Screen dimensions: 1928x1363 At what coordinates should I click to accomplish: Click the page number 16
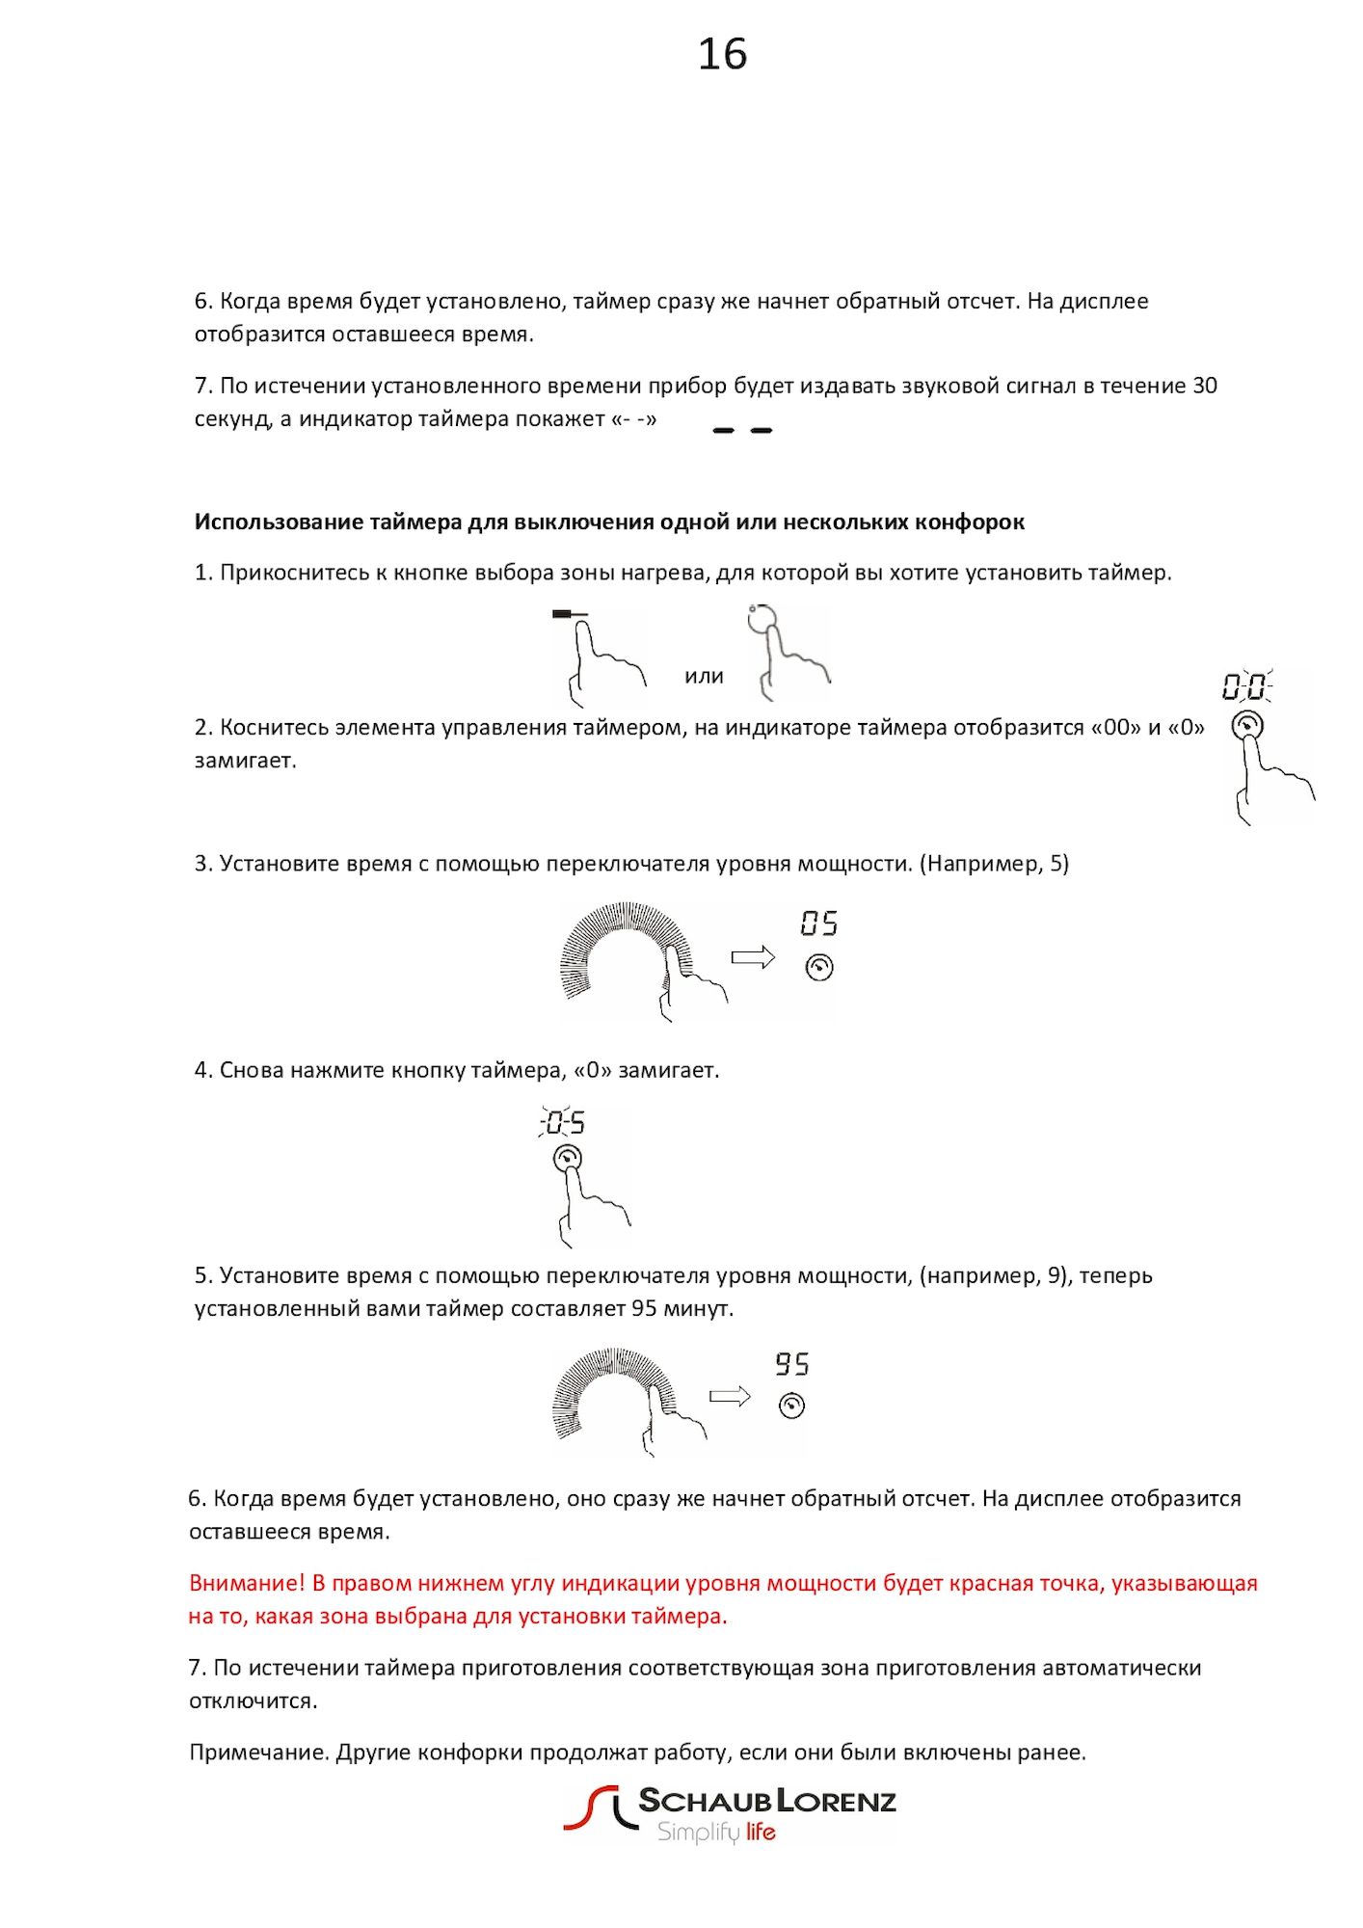(722, 54)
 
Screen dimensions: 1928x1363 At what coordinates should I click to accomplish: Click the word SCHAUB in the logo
(705, 1800)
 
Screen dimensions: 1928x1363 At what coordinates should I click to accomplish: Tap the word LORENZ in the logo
(837, 1800)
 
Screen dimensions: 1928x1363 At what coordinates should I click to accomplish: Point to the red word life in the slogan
(761, 1832)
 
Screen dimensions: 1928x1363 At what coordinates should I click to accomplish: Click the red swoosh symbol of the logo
(590, 1807)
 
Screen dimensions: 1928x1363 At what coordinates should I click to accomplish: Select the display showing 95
(792, 1364)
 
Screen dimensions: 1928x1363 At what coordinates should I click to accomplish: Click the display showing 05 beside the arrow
(819, 924)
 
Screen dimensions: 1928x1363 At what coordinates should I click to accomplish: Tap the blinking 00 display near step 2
(1245, 687)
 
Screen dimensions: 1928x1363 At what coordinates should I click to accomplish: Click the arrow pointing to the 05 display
(753, 957)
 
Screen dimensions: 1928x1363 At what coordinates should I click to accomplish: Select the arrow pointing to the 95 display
(730, 1397)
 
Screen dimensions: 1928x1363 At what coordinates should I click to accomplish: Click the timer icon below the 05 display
(819, 967)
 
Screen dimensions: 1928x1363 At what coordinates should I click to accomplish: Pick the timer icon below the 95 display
(791, 1406)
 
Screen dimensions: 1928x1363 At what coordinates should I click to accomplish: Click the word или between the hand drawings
(704, 677)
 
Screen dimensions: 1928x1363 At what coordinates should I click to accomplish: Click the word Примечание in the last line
(258, 1752)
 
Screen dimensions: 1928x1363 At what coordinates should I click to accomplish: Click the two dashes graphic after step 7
(742, 430)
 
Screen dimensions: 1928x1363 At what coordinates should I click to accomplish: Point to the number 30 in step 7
(1205, 386)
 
